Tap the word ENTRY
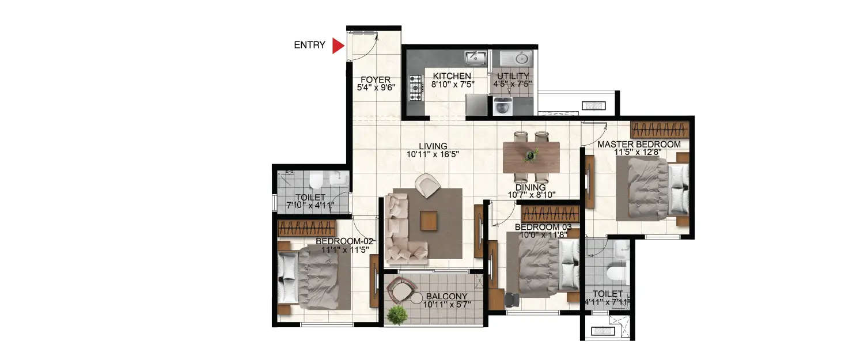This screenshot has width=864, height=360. [x=309, y=45]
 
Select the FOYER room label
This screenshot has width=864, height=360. [x=376, y=80]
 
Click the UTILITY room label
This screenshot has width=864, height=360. [x=512, y=76]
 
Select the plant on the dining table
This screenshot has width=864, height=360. [x=530, y=155]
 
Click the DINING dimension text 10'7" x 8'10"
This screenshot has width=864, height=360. [x=530, y=195]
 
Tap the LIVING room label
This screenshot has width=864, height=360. [x=433, y=146]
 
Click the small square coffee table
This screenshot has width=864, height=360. [x=428, y=220]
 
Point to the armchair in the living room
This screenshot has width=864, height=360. [x=427, y=185]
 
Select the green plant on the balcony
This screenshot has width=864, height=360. [x=397, y=315]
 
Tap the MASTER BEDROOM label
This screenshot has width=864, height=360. [x=638, y=145]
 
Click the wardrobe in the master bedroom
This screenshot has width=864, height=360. [x=660, y=128]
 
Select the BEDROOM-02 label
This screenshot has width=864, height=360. [x=344, y=241]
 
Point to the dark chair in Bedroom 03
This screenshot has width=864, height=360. [x=511, y=300]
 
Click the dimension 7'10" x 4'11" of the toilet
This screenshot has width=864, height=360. [x=310, y=205]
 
